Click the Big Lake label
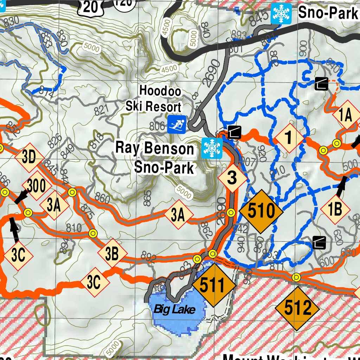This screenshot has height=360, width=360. (174, 309)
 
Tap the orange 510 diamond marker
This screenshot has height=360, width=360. (261, 212)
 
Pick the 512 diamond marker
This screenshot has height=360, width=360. (297, 309)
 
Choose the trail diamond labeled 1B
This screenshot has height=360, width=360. (335, 210)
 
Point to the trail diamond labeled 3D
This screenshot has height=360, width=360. (29, 157)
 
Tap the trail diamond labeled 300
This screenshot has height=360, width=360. (36, 186)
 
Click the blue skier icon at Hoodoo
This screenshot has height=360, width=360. (176, 124)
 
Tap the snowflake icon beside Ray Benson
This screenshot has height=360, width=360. (212, 148)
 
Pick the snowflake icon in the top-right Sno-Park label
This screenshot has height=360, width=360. (281, 14)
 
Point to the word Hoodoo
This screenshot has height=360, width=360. (160, 91)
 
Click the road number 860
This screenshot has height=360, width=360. (103, 199)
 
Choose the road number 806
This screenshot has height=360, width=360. (157, 126)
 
